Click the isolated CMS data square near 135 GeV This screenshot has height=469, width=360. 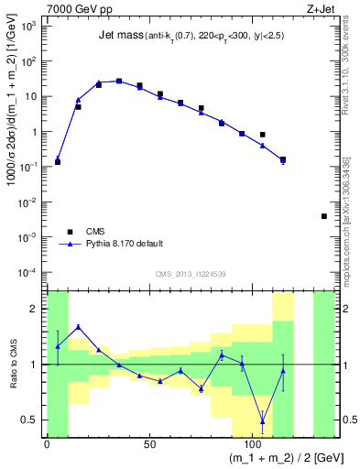click(x=324, y=216)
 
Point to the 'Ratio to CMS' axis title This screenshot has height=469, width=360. click(x=12, y=365)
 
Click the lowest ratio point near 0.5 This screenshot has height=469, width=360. click(x=263, y=421)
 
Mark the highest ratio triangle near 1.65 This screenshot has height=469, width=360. click(x=78, y=327)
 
